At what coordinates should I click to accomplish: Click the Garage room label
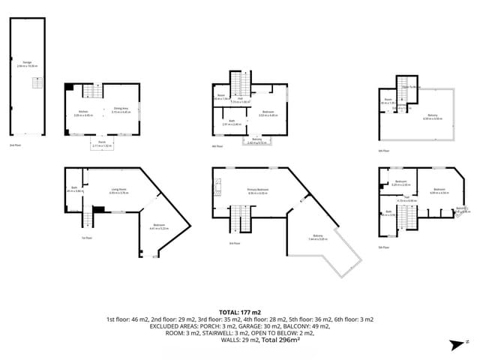[x=27, y=64]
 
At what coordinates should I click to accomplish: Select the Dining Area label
[x=121, y=110]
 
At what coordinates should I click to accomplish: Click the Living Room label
[x=120, y=190]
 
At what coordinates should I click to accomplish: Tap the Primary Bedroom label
[x=258, y=190]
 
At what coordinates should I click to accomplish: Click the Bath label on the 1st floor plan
[x=74, y=187]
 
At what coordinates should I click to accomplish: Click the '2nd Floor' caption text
[x=16, y=145]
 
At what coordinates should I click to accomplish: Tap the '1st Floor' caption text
[x=87, y=238]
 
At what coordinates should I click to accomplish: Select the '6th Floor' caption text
[x=382, y=151]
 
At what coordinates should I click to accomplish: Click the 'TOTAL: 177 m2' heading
[x=239, y=311]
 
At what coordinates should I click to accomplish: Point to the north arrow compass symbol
[x=453, y=344]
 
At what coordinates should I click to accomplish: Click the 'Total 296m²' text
[x=280, y=340]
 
